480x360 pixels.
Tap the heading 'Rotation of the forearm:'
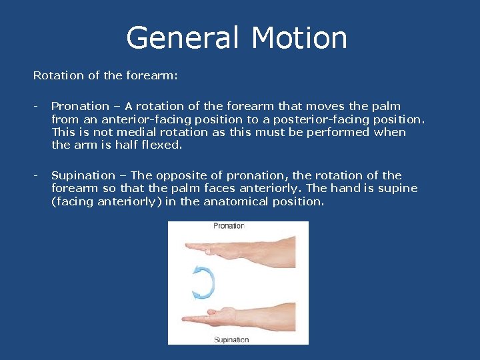pyautogui.click(x=105, y=75)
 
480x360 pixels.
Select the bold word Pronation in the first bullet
pyautogui.click(x=80, y=106)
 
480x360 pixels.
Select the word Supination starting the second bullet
pyautogui.click(x=83, y=175)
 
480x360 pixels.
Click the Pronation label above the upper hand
pyautogui.click(x=229, y=226)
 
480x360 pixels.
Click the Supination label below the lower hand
pyautogui.click(x=231, y=339)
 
